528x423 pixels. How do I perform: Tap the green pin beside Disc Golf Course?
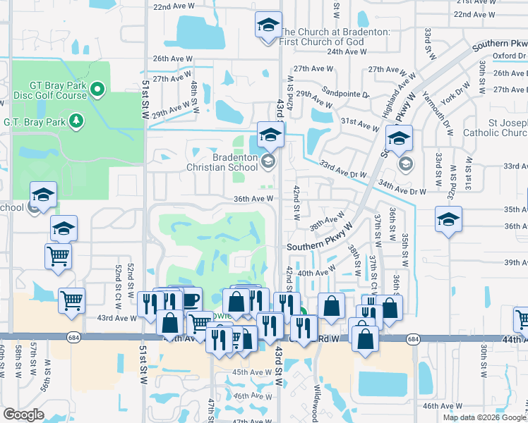(98, 90)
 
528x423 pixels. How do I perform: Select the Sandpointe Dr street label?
(346, 94)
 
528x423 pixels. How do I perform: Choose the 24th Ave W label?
(344, 51)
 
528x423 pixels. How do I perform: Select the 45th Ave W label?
(249, 372)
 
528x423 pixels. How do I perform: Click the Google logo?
(24, 415)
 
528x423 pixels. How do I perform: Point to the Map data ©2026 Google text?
(484, 417)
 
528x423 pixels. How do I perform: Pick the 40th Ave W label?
(316, 272)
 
